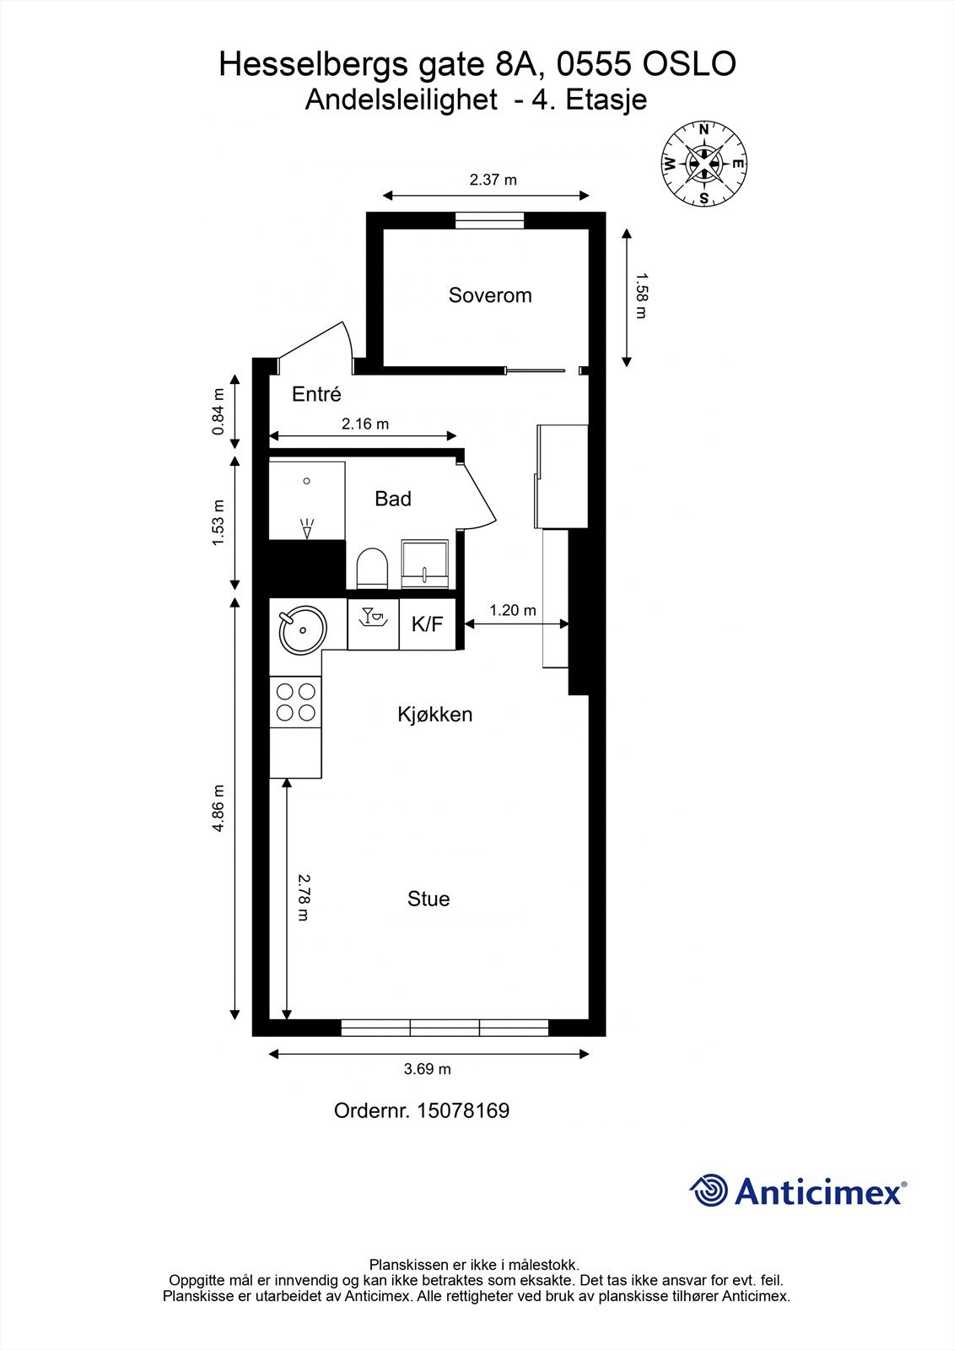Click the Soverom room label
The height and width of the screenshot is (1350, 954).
tap(490, 295)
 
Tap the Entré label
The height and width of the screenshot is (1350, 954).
tap(316, 394)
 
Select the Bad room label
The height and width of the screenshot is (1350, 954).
tap(393, 499)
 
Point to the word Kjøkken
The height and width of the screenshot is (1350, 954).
tap(434, 715)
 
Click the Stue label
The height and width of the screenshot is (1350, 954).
tap(428, 899)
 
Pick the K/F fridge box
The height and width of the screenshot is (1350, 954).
tap(428, 624)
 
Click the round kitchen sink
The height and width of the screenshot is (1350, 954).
tap(302, 629)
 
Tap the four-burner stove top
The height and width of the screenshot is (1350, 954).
tap(295, 702)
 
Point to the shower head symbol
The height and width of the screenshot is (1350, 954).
tap(307, 528)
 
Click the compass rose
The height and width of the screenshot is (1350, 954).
tap(703, 164)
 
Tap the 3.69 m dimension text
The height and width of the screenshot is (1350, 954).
tap(428, 1069)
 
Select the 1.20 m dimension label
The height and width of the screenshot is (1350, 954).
tap(513, 611)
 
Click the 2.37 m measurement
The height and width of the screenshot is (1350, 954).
tap(493, 180)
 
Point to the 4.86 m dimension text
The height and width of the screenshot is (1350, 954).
tap(218, 808)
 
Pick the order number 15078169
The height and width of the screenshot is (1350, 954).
tap(463, 1110)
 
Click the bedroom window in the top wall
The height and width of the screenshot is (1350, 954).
tap(489, 220)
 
